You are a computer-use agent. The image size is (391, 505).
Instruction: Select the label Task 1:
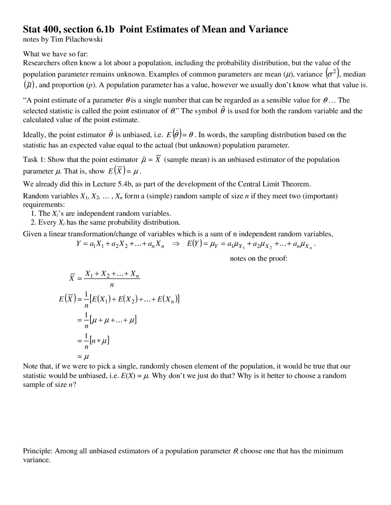[34, 159]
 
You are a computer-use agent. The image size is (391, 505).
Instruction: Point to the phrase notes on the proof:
[258, 259]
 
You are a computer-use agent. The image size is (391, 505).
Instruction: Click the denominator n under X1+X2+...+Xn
[111, 285]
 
